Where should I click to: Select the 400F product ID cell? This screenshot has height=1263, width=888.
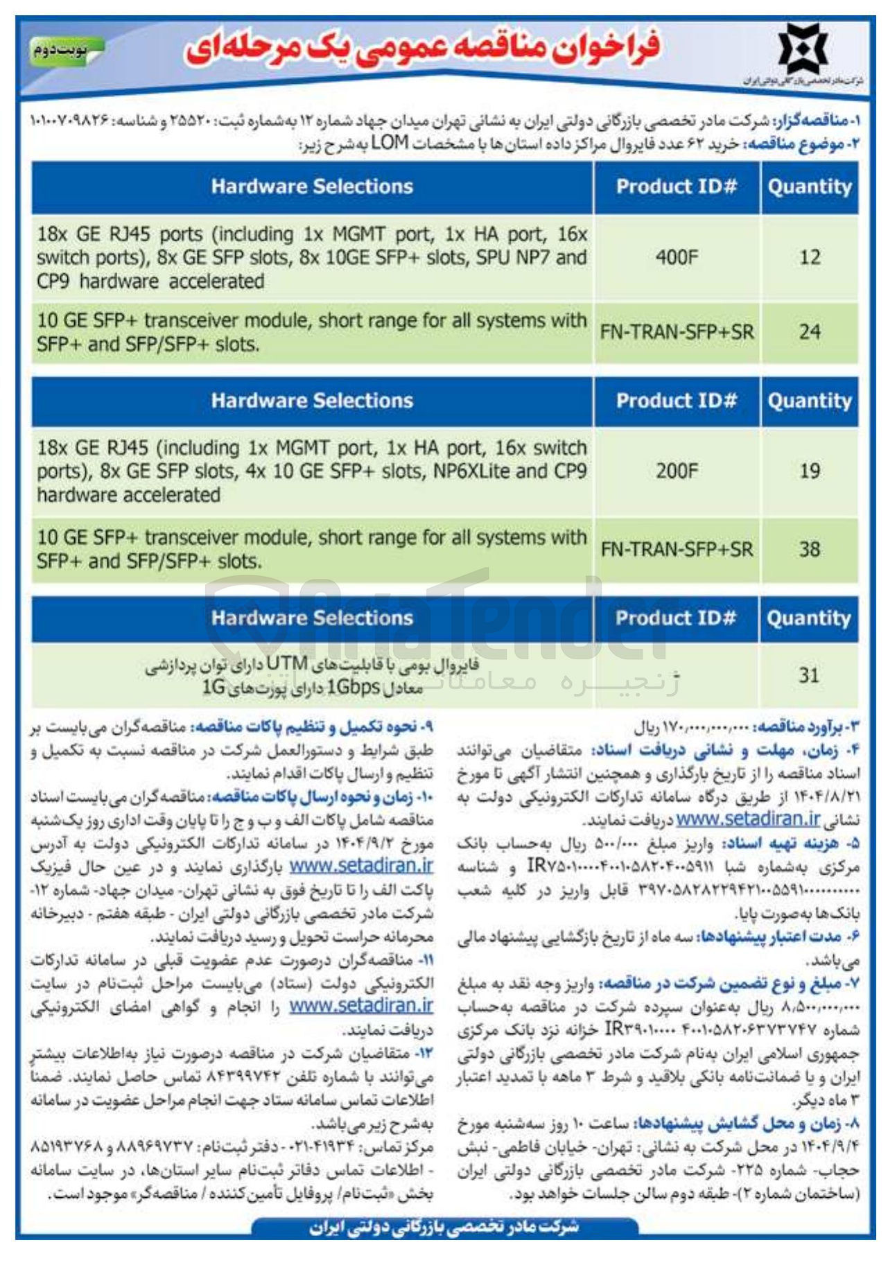click(x=676, y=258)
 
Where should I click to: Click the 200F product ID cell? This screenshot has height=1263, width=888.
click(x=676, y=471)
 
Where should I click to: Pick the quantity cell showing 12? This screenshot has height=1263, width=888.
click(x=809, y=258)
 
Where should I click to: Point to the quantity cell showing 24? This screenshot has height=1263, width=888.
click(x=809, y=332)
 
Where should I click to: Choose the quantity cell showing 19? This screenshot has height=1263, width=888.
click(x=809, y=471)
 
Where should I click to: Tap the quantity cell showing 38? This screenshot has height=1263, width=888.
click(x=809, y=550)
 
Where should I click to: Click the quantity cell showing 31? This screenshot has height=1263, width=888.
click(x=809, y=675)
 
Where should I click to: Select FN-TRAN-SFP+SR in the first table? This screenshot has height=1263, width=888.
click(x=677, y=332)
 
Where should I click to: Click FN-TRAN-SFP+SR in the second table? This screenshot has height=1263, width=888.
click(x=677, y=550)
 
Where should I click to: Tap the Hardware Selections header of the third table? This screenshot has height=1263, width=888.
click(x=312, y=618)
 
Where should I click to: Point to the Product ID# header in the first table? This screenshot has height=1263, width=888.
click(x=676, y=186)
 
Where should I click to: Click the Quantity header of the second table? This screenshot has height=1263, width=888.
click(x=809, y=401)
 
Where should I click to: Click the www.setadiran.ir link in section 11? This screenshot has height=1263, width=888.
click(x=360, y=1005)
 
